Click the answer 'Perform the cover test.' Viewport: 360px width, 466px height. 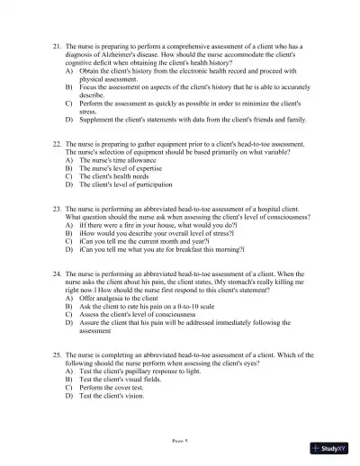point(118,387)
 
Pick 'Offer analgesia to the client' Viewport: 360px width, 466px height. point(126,298)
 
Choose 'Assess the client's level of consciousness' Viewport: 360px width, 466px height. point(144,314)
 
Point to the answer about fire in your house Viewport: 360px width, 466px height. point(148,225)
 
